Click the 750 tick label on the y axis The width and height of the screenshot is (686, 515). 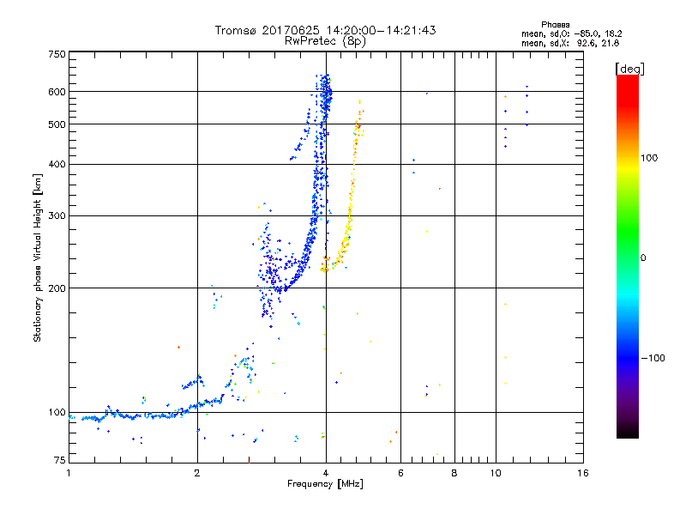(57, 53)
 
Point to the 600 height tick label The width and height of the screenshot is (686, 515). (57, 92)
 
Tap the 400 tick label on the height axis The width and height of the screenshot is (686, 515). (57, 165)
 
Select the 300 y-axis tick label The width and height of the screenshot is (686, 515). (57, 216)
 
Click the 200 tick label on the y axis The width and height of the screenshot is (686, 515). (57, 288)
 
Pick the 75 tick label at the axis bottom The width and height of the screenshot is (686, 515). (59, 460)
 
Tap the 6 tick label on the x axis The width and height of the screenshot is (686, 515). (400, 473)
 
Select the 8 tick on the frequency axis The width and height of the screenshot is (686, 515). (454, 473)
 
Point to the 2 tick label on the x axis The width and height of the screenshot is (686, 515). (197, 473)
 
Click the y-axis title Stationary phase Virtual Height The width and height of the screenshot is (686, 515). (38, 257)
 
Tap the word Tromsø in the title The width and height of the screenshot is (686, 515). (237, 30)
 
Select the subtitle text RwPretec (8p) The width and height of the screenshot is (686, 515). (326, 40)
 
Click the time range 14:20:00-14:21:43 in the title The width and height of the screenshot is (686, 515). (377, 30)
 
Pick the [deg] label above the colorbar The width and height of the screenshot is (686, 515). (629, 68)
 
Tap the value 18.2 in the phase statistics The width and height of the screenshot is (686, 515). (610, 33)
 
